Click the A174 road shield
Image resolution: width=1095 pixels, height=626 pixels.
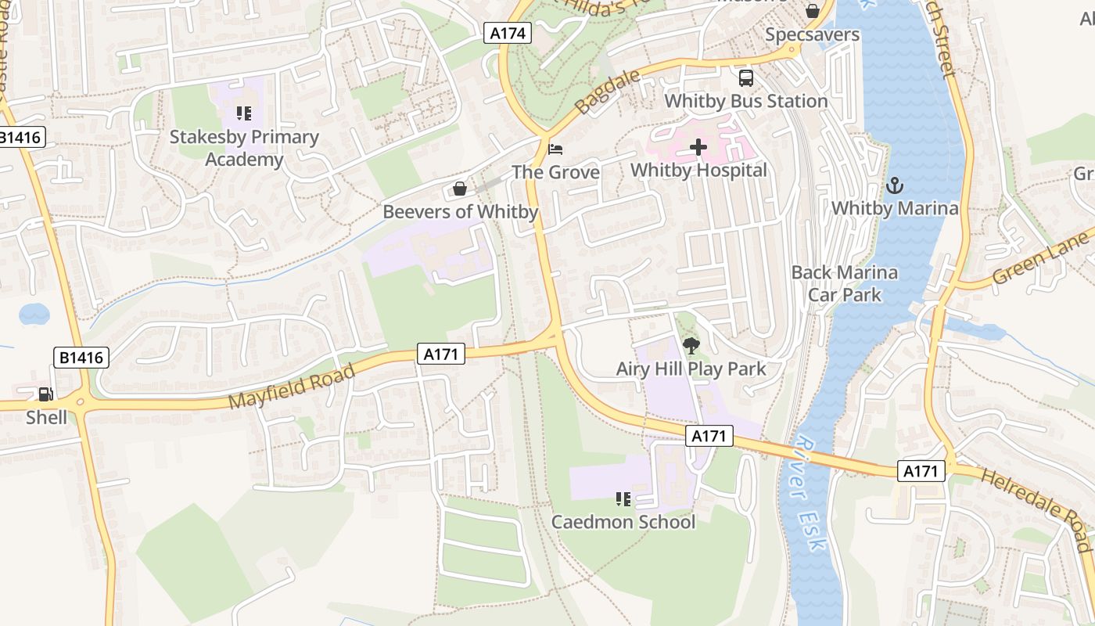(x=508, y=33)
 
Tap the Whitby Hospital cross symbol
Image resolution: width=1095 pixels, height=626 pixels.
(x=698, y=147)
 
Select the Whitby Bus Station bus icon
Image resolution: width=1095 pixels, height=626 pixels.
(x=746, y=78)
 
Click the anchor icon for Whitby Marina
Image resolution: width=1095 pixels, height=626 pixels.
(x=894, y=186)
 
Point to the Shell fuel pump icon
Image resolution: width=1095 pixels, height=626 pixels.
(x=46, y=395)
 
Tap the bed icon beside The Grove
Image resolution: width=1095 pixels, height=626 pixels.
(x=555, y=149)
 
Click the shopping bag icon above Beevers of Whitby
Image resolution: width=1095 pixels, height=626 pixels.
(x=460, y=189)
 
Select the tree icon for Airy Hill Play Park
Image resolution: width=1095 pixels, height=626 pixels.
(x=691, y=346)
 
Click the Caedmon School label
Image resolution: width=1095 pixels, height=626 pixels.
(x=623, y=522)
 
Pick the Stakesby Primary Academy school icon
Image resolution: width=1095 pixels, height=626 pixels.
(x=244, y=114)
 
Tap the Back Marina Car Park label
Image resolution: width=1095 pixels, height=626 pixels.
(x=844, y=283)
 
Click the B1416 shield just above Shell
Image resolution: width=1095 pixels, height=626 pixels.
(x=82, y=358)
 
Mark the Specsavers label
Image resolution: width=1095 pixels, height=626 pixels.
(x=812, y=34)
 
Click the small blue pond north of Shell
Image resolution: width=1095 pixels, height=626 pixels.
(x=34, y=315)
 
